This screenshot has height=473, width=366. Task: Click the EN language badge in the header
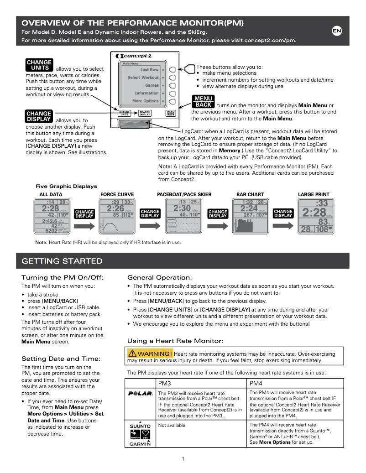coord(337,31)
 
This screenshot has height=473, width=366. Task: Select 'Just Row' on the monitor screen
coord(149,70)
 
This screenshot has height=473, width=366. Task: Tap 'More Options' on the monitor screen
coord(145,101)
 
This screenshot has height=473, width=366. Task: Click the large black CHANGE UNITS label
coord(39,65)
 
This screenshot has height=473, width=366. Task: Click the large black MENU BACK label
coord(204,101)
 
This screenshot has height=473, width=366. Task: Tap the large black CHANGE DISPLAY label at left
coord(39,116)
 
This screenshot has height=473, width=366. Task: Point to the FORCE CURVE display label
coord(117,194)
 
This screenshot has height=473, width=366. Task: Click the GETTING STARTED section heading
coord(63,261)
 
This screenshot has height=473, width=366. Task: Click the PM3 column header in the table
coord(165,383)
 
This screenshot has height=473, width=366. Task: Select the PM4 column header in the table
coord(256,383)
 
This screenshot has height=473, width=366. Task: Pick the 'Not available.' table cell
coord(173,425)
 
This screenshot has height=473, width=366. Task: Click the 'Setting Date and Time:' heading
coord(61,359)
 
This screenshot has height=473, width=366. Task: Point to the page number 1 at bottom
coord(183,459)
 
